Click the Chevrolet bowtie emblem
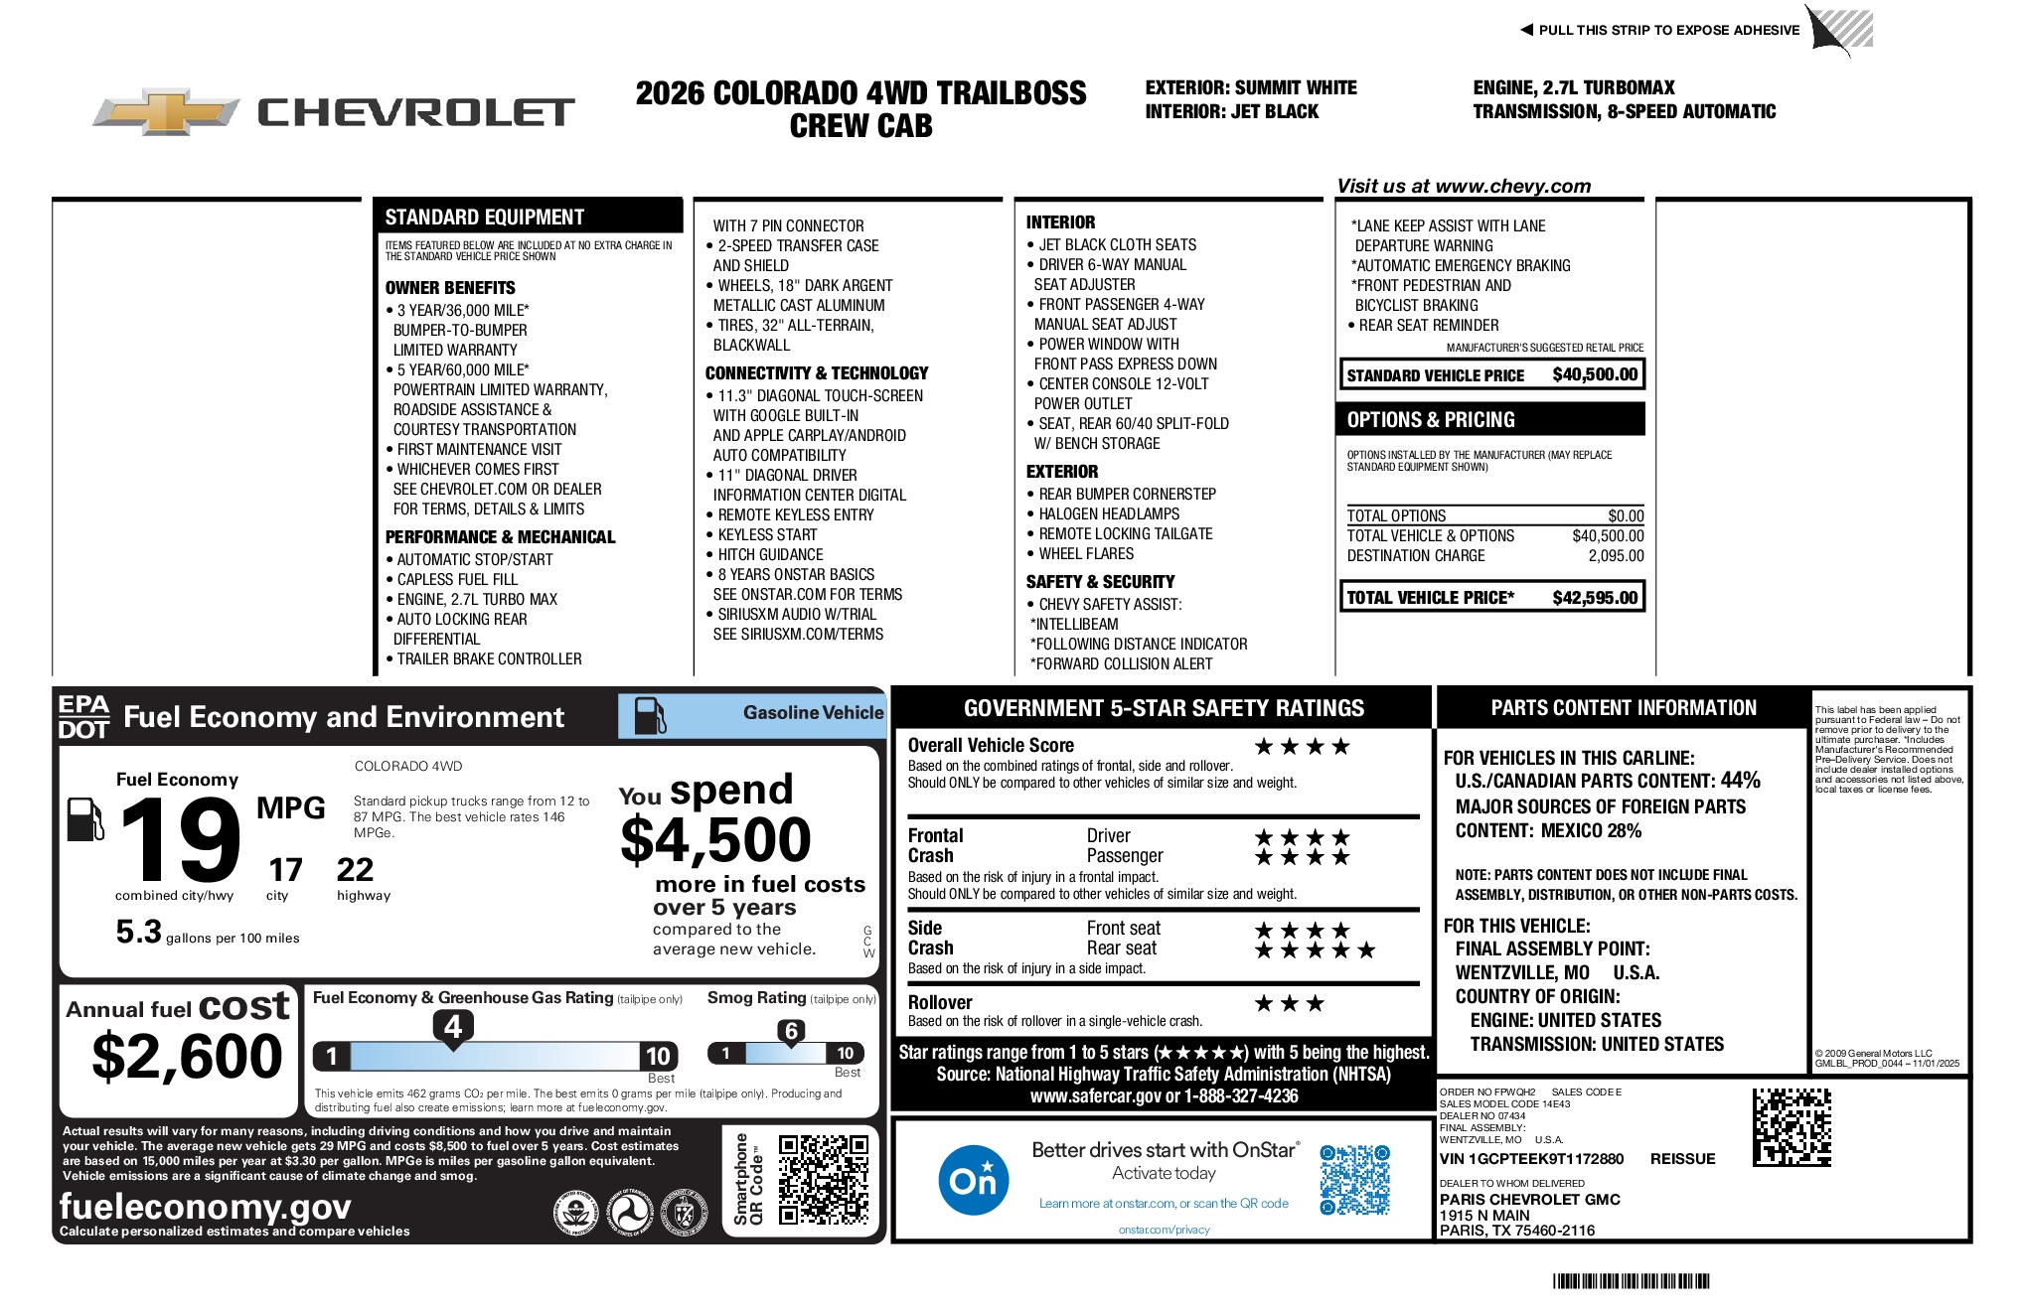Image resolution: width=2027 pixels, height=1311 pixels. click(165, 111)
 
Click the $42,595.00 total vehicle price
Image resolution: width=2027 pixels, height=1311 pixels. click(1594, 598)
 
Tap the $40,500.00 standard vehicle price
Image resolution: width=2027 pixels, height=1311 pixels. click(1594, 375)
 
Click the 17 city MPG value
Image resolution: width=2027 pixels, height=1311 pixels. click(285, 870)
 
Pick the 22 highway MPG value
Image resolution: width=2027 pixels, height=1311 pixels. click(355, 870)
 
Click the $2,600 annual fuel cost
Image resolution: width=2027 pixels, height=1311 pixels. click(187, 1056)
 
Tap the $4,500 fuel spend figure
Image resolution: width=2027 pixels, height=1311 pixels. click(715, 840)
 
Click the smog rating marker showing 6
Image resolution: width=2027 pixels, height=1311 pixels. click(791, 1031)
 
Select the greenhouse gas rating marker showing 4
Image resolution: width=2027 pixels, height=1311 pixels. click(453, 1026)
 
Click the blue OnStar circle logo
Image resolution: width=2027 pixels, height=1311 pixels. click(973, 1180)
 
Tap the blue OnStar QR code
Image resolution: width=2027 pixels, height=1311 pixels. click(1354, 1180)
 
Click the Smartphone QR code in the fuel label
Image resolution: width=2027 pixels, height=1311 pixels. click(823, 1180)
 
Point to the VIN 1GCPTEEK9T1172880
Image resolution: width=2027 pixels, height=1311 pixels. click(1531, 1159)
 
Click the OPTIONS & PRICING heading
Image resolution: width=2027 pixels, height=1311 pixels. click(1431, 420)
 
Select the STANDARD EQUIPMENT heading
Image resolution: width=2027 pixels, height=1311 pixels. click(484, 218)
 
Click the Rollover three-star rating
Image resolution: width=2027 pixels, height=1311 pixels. click(1289, 1004)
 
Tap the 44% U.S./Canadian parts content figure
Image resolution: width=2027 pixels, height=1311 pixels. click(1740, 781)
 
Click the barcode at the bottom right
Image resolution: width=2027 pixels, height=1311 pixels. click(1631, 1281)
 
